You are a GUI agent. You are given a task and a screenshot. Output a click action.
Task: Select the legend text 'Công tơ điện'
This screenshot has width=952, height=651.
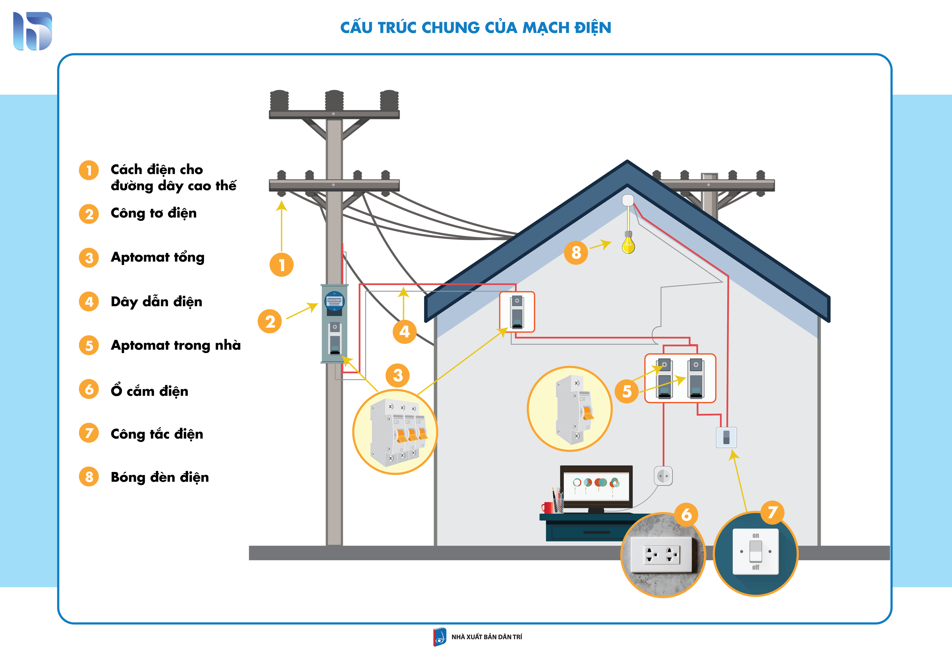click(x=154, y=213)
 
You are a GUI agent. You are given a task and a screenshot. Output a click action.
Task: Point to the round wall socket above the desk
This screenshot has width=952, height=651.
click(x=663, y=476)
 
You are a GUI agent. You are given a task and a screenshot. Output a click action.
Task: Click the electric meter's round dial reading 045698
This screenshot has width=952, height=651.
click(x=334, y=301)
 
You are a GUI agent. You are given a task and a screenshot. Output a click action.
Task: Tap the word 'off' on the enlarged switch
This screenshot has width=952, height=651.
click(x=756, y=568)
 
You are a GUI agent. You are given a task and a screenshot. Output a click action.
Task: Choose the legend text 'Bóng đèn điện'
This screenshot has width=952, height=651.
click(x=160, y=477)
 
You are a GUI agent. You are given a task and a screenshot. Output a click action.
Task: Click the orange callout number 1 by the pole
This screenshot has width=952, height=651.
click(x=281, y=265)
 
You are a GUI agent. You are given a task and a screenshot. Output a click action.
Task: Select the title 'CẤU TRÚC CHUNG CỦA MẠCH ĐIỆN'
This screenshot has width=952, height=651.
click(x=476, y=27)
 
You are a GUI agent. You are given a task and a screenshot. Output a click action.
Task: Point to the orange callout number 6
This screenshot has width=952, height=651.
click(x=687, y=514)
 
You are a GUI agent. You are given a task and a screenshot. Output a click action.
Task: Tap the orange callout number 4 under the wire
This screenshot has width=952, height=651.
click(x=404, y=332)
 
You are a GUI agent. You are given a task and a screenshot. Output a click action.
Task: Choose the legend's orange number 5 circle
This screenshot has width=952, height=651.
click(x=89, y=345)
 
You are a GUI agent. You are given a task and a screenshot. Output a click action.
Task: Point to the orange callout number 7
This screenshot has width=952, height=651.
click(x=772, y=512)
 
